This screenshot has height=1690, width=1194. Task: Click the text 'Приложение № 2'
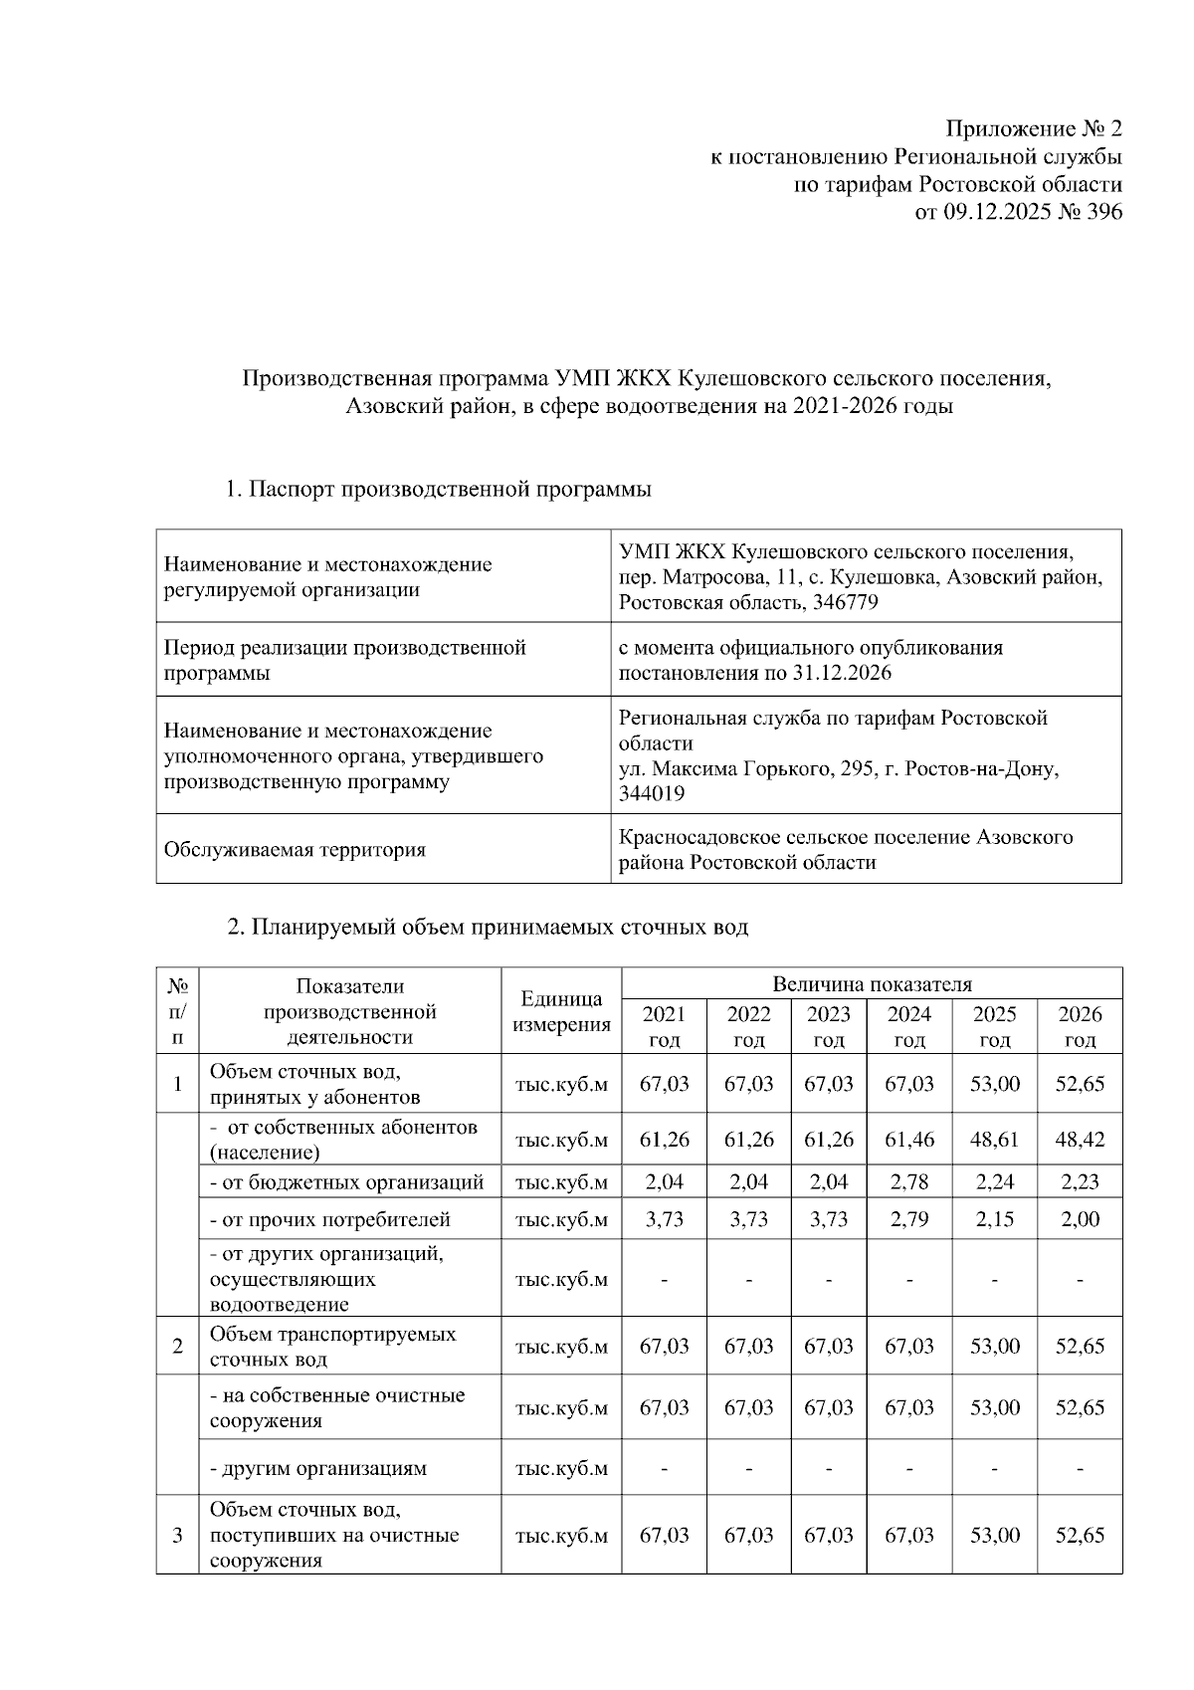tap(1034, 129)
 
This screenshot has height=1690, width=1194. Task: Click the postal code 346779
tap(846, 603)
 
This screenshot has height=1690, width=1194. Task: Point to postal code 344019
tap(652, 794)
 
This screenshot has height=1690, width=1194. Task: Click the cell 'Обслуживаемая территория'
tap(295, 850)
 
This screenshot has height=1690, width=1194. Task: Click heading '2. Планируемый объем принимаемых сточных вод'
tap(488, 928)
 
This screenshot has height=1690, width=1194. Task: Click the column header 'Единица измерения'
tap(561, 1012)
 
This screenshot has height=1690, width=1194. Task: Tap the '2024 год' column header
tap(909, 1026)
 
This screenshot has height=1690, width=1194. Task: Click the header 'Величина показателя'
tap(872, 984)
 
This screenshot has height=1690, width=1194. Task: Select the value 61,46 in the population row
tap(909, 1140)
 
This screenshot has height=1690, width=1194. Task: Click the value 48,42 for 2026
tap(1080, 1140)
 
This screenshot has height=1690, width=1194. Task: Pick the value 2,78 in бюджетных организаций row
tap(909, 1182)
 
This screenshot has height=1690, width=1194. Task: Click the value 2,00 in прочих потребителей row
tap(1080, 1219)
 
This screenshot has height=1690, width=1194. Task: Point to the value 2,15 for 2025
tap(994, 1219)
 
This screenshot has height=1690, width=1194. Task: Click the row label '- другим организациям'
tap(317, 1468)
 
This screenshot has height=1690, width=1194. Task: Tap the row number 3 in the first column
tap(177, 1536)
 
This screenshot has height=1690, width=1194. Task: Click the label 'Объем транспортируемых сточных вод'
tap(332, 1347)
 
